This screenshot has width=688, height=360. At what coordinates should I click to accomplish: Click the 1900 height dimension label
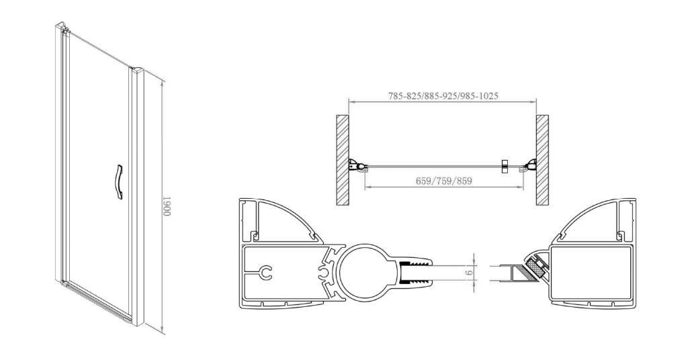(x=167, y=206)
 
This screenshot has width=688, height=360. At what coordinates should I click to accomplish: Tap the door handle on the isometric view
(x=118, y=181)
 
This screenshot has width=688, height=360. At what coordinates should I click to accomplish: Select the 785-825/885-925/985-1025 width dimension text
(x=443, y=95)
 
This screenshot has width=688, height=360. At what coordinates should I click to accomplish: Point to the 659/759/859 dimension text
(x=445, y=181)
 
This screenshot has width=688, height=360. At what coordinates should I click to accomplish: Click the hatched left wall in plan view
(x=342, y=160)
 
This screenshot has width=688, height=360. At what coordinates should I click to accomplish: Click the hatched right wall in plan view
(x=542, y=160)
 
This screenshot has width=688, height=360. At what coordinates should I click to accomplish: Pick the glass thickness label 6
(x=469, y=273)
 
